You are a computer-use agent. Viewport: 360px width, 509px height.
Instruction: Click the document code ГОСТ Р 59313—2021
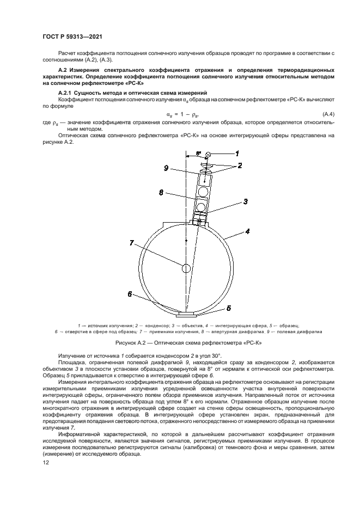(72, 36)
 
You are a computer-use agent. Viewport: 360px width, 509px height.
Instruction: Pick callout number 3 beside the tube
(245, 201)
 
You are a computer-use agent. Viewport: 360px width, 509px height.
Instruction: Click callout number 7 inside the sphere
(131, 243)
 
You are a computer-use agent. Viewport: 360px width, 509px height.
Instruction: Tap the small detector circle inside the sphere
(186, 267)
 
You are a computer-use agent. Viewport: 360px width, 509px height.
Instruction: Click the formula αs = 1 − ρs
(182, 114)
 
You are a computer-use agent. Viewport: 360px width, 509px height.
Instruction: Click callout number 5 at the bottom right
(228, 308)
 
